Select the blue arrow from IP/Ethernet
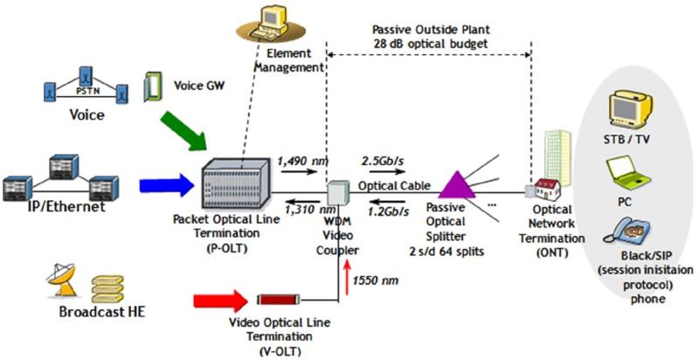pos(167,185)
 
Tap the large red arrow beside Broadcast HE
pos(220,301)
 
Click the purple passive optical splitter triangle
pos(457,184)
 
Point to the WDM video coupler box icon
pos(338,192)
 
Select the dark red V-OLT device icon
pos(279,300)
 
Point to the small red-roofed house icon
pos(549,190)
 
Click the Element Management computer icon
pos(271,26)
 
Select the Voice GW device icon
pos(152,88)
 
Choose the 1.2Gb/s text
pos(389,211)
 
